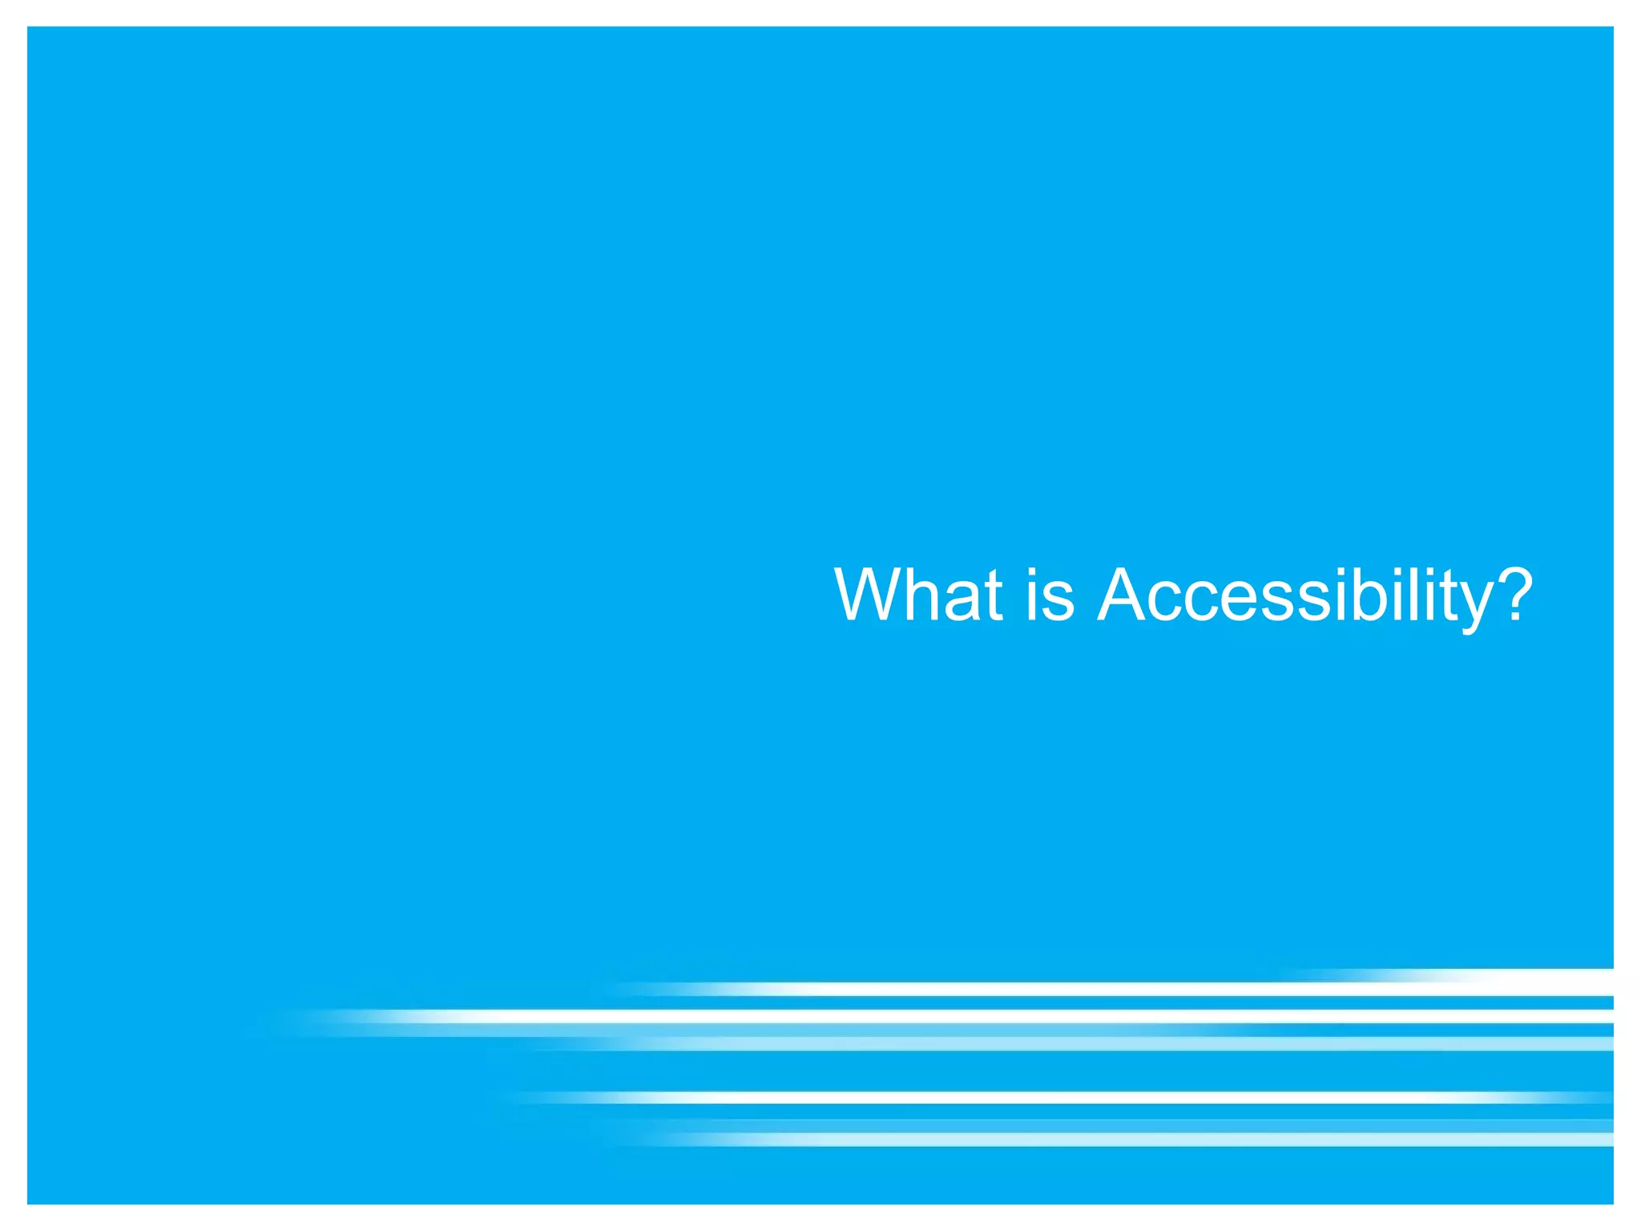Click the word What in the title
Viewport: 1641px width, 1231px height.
pyautogui.click(x=918, y=595)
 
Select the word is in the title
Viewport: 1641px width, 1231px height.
pyautogui.click(x=1050, y=595)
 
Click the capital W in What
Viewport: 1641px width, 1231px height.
pyautogui.click(x=869, y=595)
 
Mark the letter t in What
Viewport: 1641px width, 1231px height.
pyautogui.click(x=994, y=597)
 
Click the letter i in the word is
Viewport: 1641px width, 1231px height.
pyautogui.click(x=1032, y=595)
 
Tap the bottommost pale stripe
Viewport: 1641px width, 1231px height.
pyautogui.click(x=1122, y=1139)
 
